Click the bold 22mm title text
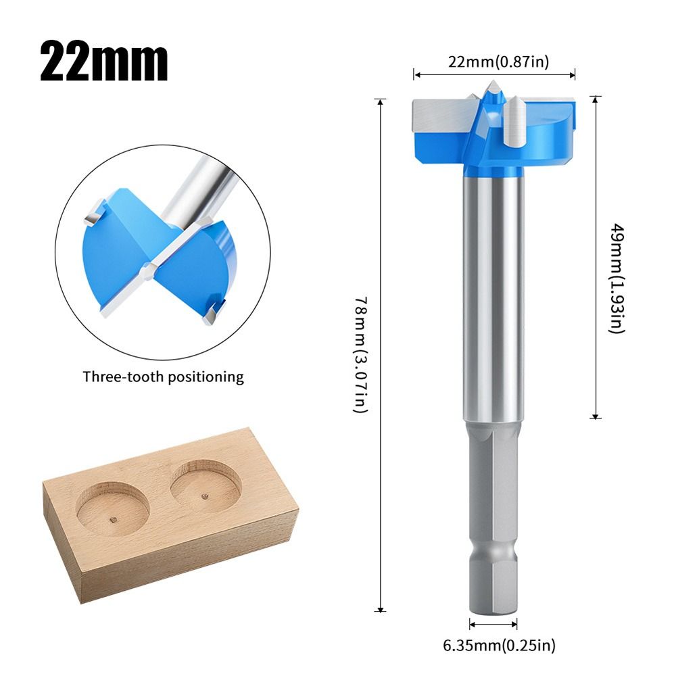103,62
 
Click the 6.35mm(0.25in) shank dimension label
500,645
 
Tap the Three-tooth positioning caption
163,377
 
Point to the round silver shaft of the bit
493,297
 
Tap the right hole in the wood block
206,485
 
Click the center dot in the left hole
114,519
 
